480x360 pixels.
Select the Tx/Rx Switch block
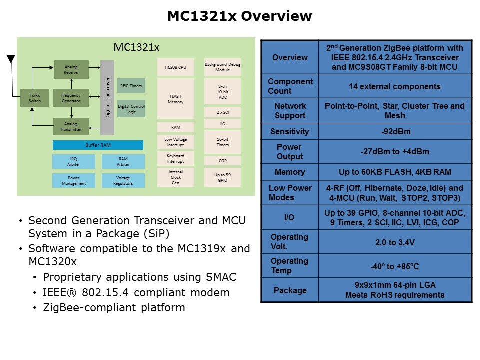click(35, 98)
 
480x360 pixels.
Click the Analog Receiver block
click(71, 69)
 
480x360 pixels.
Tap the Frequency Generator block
click(71, 98)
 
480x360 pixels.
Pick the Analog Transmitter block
click(71, 126)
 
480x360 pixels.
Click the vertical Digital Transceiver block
click(107, 98)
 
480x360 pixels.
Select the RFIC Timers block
click(131, 86)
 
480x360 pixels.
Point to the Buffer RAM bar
click(98, 145)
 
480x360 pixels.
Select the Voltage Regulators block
click(123, 181)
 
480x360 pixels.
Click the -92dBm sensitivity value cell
click(395, 132)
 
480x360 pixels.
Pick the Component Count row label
click(290, 86)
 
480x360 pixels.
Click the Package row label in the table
click(290, 290)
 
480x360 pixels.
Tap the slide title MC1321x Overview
click(239, 16)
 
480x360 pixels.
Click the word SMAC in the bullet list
click(220, 277)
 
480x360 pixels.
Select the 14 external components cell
click(395, 86)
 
